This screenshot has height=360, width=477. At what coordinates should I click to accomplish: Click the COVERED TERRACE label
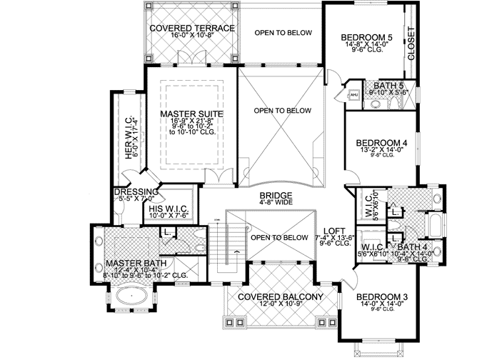coord(192,28)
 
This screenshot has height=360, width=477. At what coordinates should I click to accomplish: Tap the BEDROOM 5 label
coord(366,37)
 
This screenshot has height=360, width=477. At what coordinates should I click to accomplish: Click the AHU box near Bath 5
coord(353,94)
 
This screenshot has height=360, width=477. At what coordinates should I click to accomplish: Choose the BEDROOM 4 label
coord(382,143)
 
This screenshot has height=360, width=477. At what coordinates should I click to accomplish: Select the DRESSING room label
coord(136,191)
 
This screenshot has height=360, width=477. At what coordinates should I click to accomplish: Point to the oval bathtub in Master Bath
coord(134,296)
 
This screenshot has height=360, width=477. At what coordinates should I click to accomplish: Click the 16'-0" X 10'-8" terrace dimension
coord(192,36)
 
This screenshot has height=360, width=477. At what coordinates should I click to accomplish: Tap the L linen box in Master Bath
coord(166,232)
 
